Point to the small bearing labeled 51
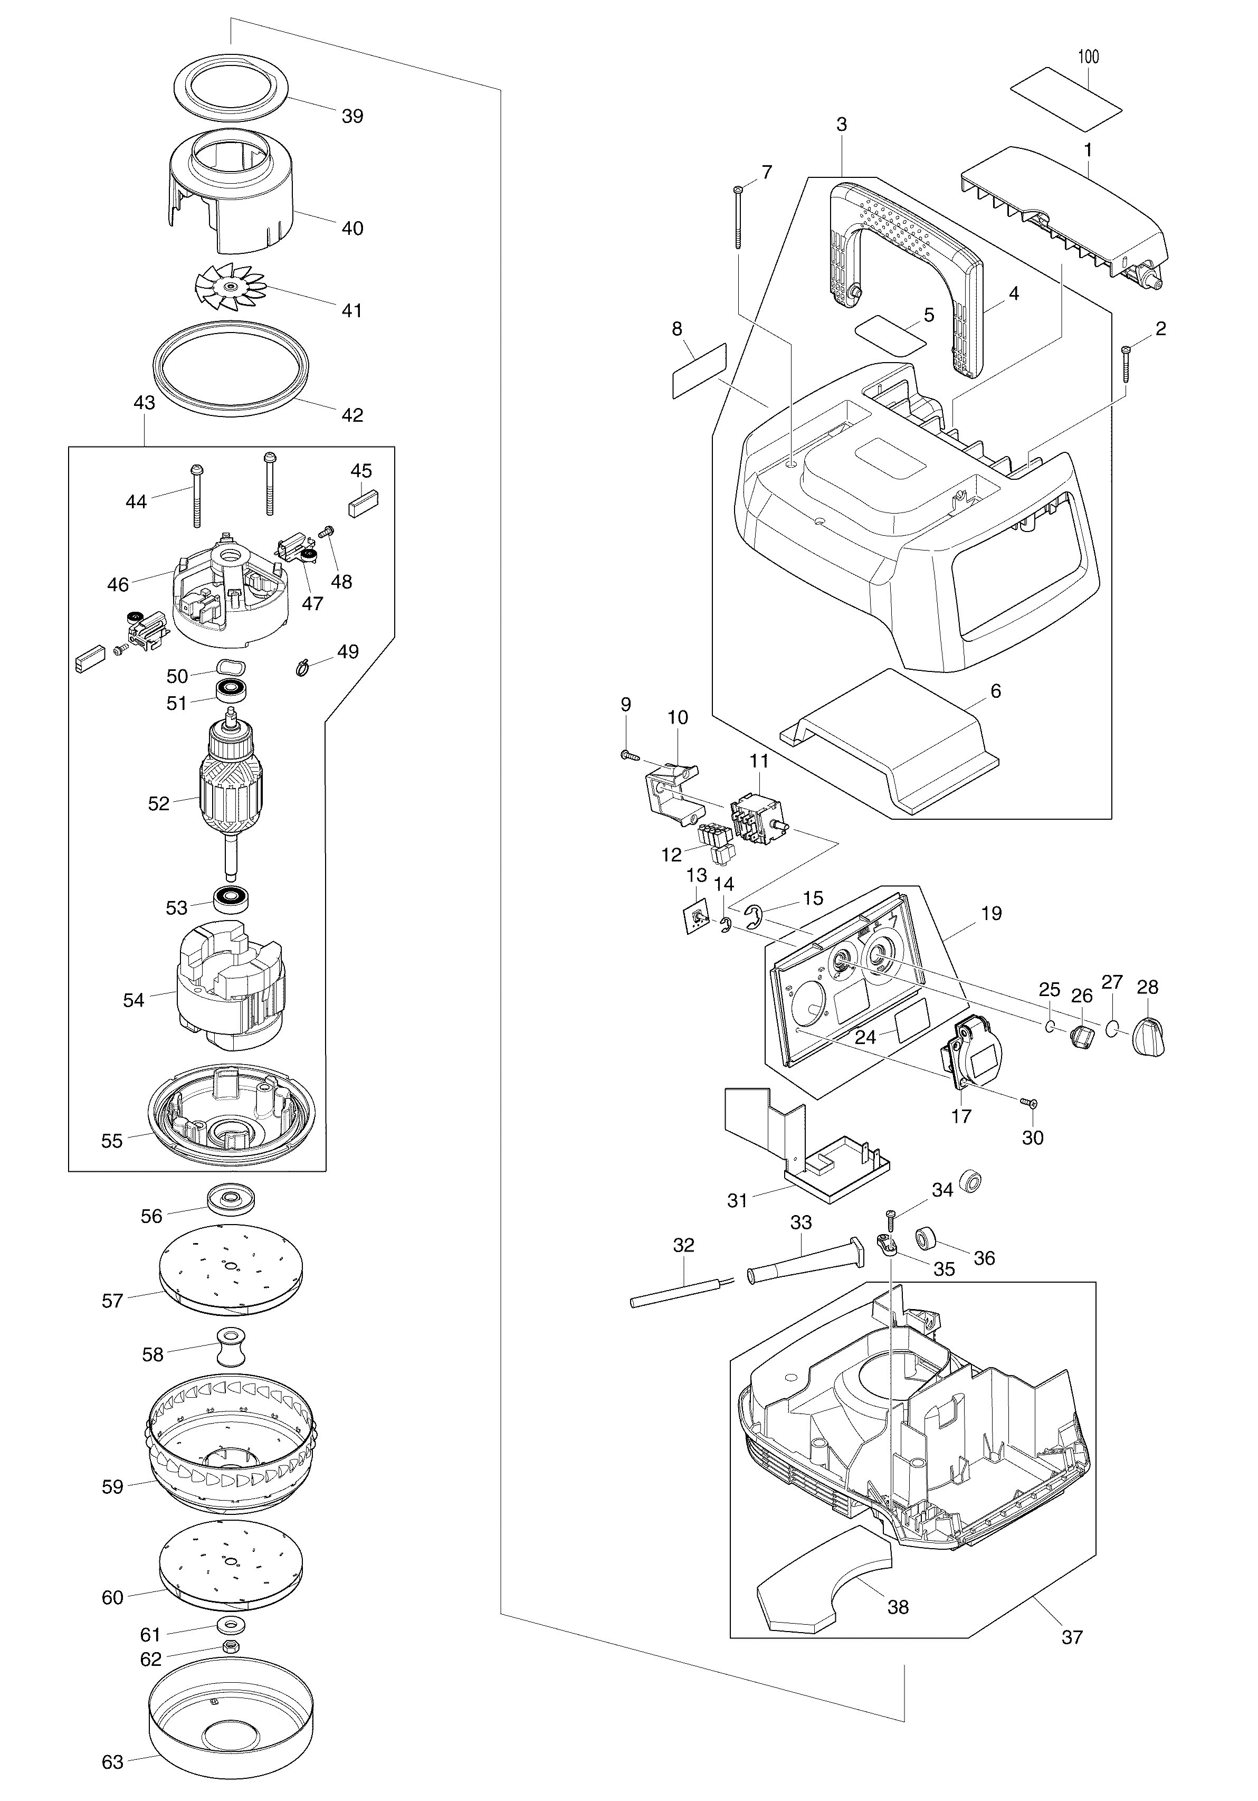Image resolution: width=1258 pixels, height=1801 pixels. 232,690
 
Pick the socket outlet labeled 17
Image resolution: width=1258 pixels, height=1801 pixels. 974,1051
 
